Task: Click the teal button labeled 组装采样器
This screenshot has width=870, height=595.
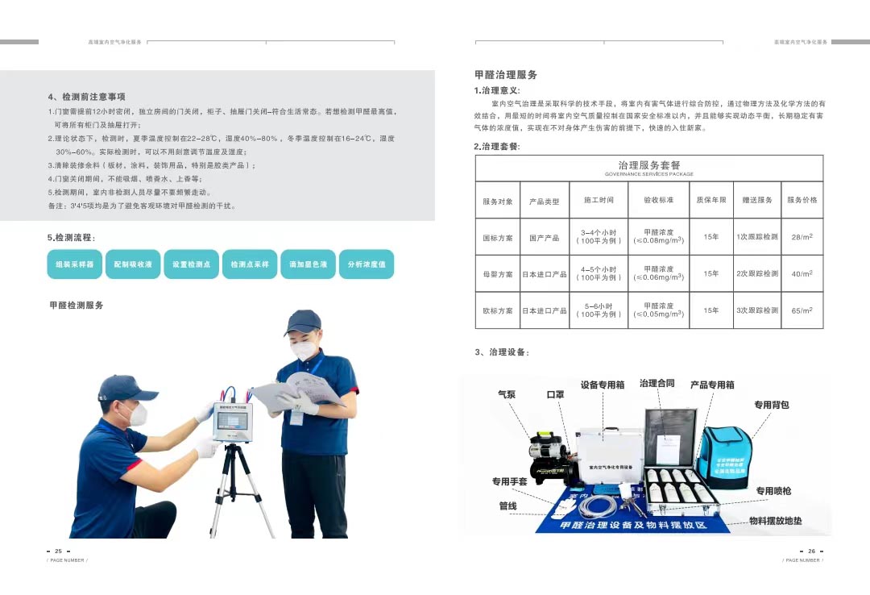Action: pyautogui.click(x=75, y=264)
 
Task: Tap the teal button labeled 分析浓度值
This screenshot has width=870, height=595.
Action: pyautogui.click(x=367, y=264)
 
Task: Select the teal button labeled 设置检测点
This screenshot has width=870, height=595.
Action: pyautogui.click(x=192, y=264)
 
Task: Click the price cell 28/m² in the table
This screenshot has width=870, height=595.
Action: pyautogui.click(x=802, y=237)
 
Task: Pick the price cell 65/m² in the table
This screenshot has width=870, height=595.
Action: pyautogui.click(x=802, y=310)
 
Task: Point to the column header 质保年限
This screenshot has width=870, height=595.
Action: pyautogui.click(x=711, y=201)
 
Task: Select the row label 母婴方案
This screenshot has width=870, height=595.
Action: pyautogui.click(x=498, y=274)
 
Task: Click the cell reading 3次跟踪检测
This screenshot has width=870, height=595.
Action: pyautogui.click(x=757, y=310)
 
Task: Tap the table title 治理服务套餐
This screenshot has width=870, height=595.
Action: pyautogui.click(x=649, y=165)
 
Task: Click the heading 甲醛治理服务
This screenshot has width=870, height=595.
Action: pyautogui.click(x=506, y=75)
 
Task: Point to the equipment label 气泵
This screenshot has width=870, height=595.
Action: pyautogui.click(x=507, y=395)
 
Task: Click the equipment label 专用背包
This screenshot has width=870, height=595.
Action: pyautogui.click(x=771, y=405)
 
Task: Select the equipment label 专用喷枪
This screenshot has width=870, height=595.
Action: pyautogui.click(x=773, y=491)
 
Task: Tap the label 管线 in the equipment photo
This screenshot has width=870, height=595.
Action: pyautogui.click(x=507, y=506)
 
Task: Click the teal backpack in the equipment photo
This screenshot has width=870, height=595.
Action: pyautogui.click(x=723, y=457)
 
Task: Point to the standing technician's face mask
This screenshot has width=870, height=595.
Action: pyautogui.click(x=304, y=350)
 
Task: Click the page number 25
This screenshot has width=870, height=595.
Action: pyautogui.click(x=58, y=551)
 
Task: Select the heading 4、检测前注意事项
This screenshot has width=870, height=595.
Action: pyautogui.click(x=86, y=97)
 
